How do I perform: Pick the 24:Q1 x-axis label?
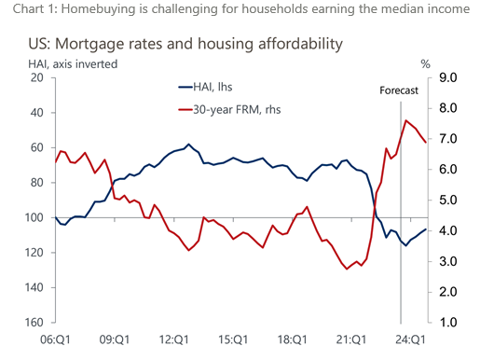[x=411, y=339]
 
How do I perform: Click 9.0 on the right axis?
[x=446, y=78]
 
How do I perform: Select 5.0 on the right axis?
[x=446, y=201]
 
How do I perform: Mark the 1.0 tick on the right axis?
[x=446, y=323]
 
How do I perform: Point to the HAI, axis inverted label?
[x=74, y=62]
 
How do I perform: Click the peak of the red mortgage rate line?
[x=405, y=120]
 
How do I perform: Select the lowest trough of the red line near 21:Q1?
[x=348, y=269]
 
